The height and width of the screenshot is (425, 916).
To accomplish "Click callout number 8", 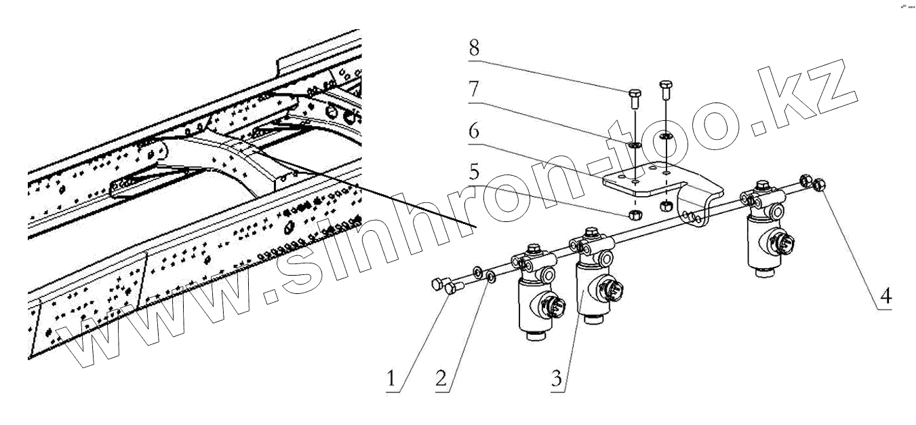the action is tap(474, 48).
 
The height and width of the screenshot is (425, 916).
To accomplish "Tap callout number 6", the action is tap(474, 130).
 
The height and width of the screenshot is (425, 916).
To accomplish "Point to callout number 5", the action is tap(474, 172).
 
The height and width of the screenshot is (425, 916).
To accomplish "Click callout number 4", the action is tap(885, 295).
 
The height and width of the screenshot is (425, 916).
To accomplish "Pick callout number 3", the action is tap(557, 378).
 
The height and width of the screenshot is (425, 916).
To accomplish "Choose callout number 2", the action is tap(441, 378).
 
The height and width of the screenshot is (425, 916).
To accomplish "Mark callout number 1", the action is tap(391, 378).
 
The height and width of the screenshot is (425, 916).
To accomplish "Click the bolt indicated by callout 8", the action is tap(634, 98).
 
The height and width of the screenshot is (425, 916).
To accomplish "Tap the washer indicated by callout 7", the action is tap(635, 145).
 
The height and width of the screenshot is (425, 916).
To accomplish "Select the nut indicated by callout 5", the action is tap(635, 214).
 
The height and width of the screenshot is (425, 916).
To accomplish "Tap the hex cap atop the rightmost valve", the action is tap(761, 185).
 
